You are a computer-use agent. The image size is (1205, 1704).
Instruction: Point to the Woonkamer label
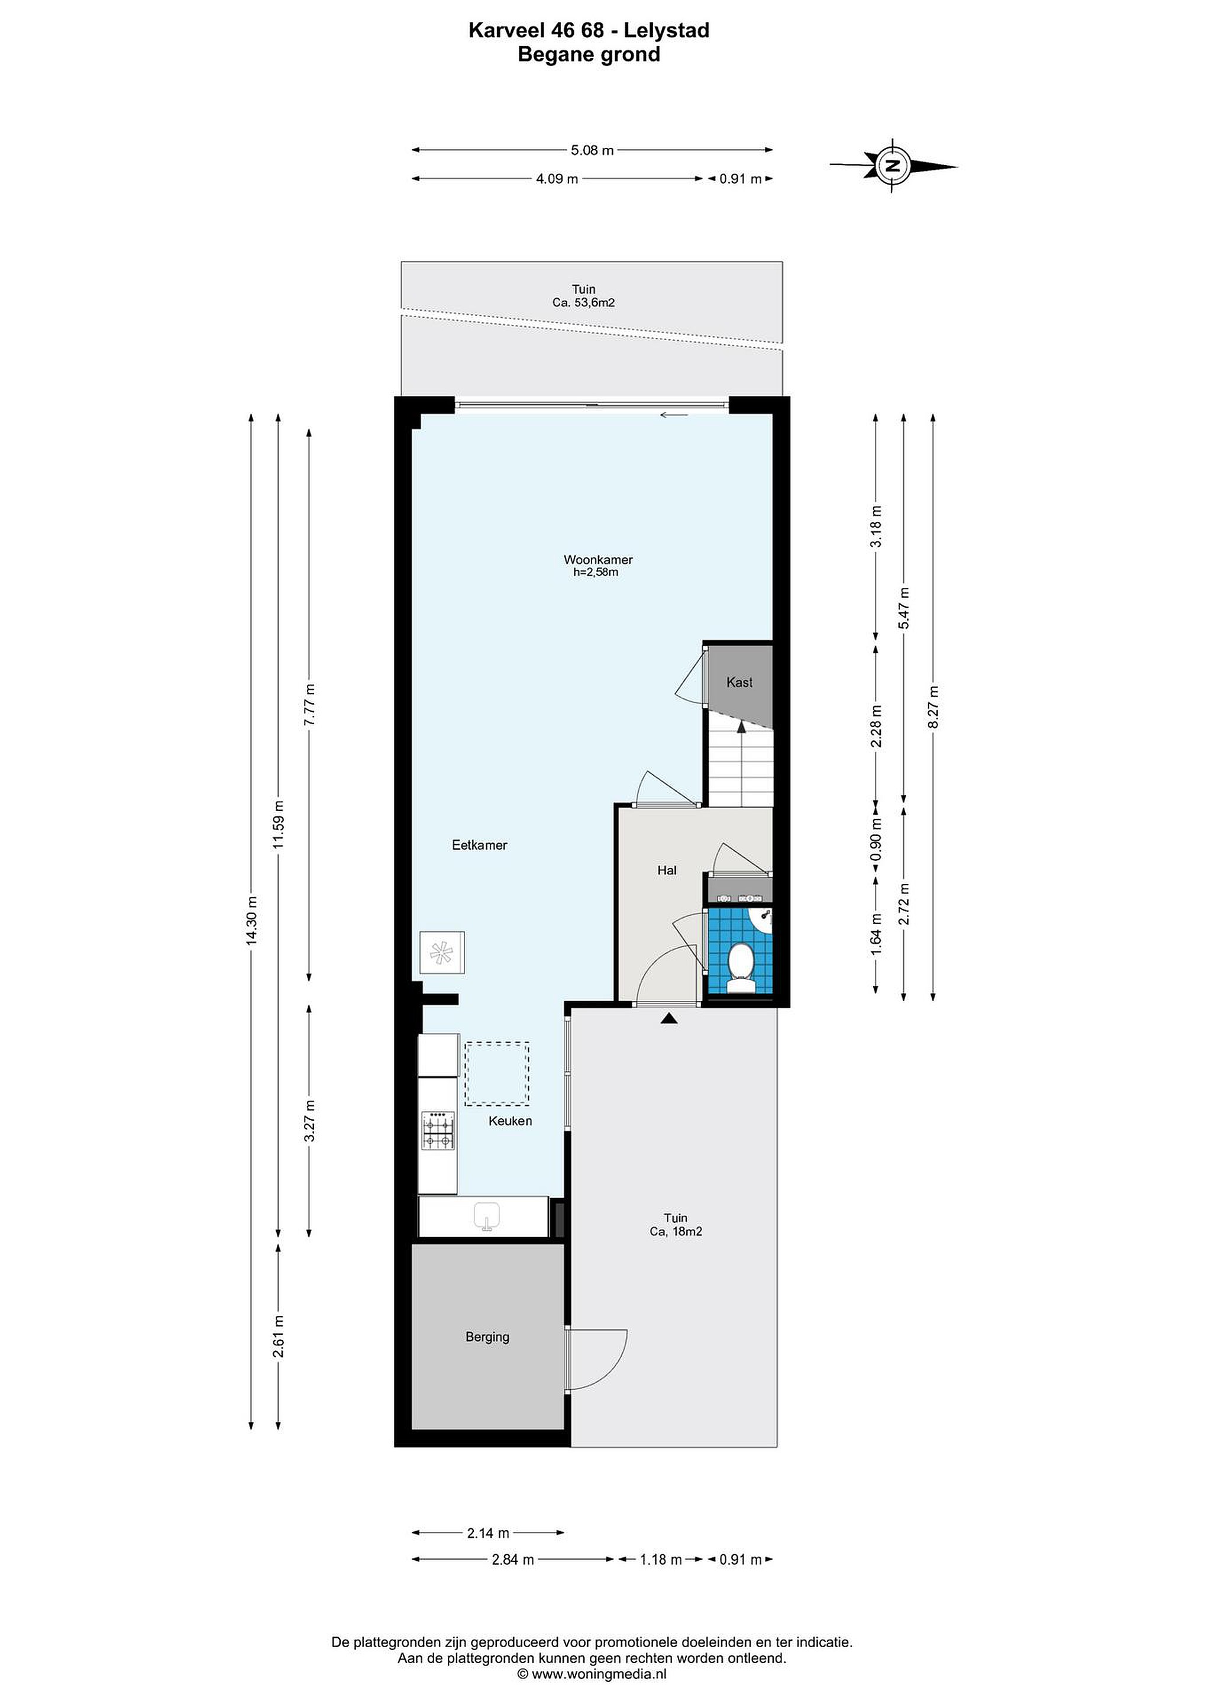click(x=598, y=560)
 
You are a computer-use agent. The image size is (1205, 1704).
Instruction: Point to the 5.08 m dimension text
click(x=592, y=150)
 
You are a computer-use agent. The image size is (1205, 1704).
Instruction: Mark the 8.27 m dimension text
click(x=933, y=706)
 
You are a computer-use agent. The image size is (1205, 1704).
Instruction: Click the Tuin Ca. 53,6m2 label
click(x=583, y=296)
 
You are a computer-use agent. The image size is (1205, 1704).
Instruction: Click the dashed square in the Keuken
click(x=497, y=1074)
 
